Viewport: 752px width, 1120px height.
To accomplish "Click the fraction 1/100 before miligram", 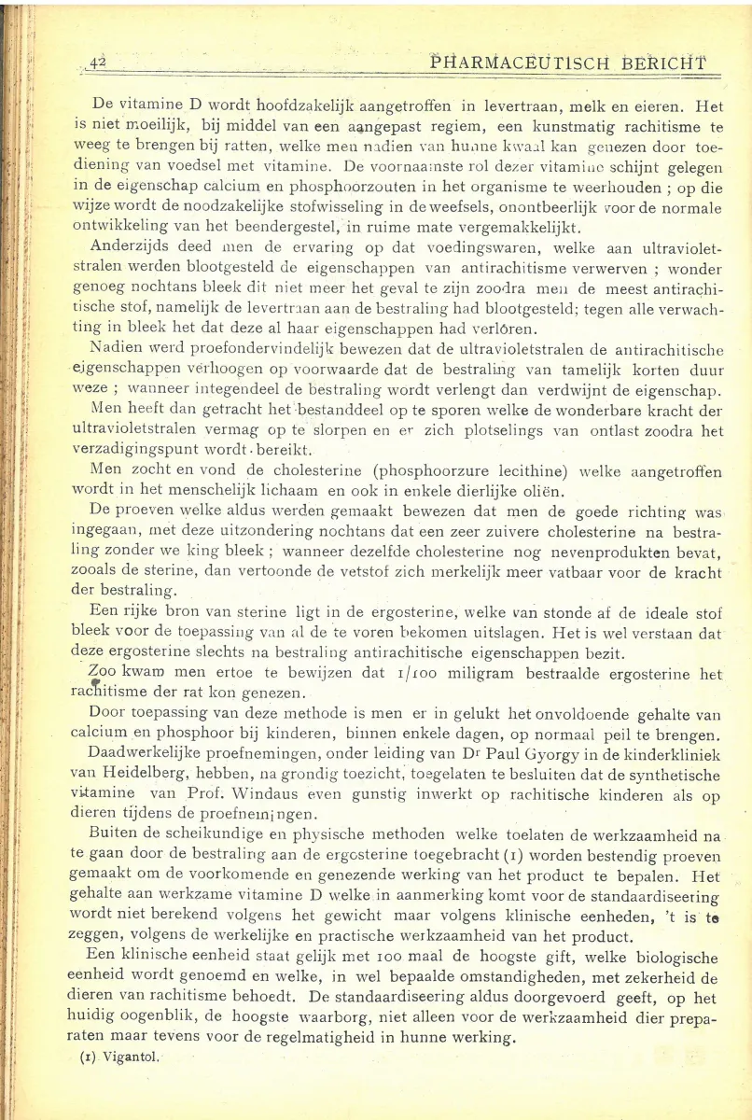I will pyautogui.click(x=410, y=674).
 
